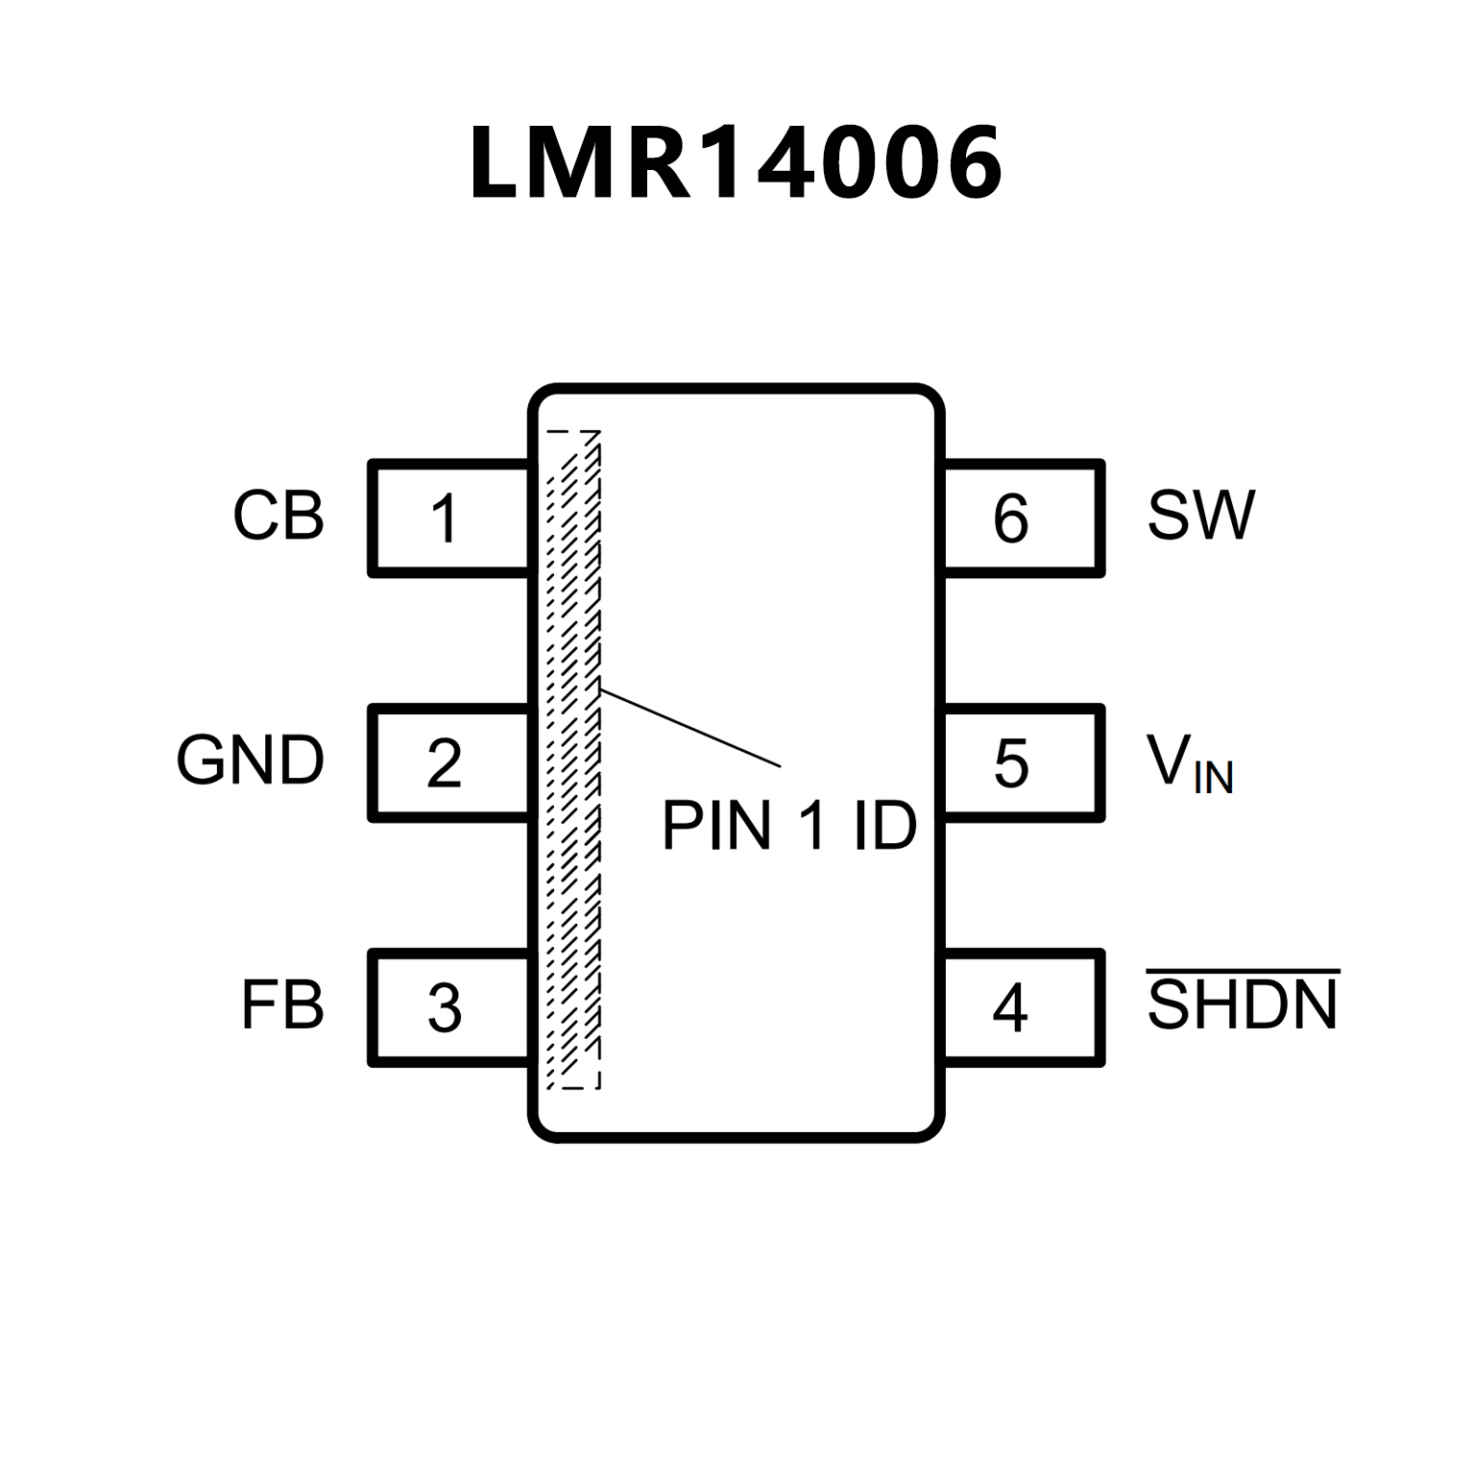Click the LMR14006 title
click(x=736, y=163)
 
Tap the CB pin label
click(x=278, y=516)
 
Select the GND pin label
click(x=250, y=761)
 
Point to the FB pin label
click(x=281, y=1005)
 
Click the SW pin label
click(x=1200, y=516)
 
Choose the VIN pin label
click(x=1189, y=763)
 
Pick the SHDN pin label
click(x=1243, y=1005)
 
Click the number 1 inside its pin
click(x=444, y=519)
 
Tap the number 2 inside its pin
click(x=444, y=764)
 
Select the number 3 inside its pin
click(x=444, y=1008)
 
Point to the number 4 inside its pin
click(x=1010, y=1008)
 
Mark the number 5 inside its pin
click(x=1010, y=764)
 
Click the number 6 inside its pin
click(x=1010, y=519)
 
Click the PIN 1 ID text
click(x=789, y=825)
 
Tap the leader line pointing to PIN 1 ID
click(x=689, y=727)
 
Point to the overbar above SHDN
click(x=1243, y=972)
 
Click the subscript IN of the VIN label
click(x=1213, y=778)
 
